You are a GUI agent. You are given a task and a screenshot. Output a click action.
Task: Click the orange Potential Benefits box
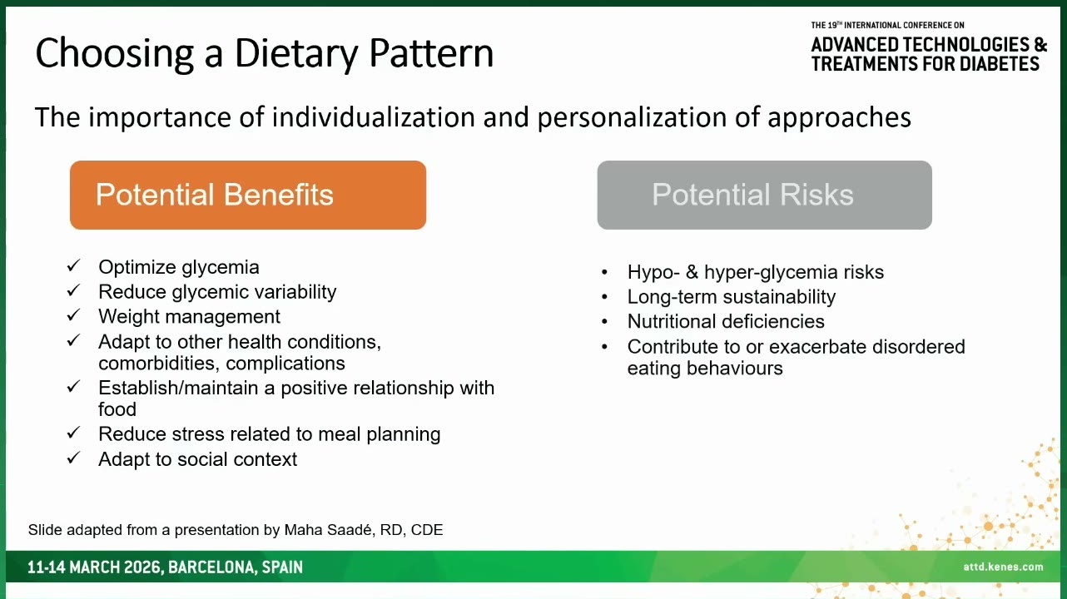(x=248, y=195)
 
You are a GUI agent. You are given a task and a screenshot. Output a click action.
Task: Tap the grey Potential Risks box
(x=765, y=195)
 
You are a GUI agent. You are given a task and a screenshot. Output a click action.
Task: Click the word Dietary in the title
(x=296, y=53)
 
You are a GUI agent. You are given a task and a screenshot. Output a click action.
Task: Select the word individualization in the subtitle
(x=374, y=117)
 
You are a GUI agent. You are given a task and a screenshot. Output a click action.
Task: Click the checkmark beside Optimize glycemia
(x=73, y=265)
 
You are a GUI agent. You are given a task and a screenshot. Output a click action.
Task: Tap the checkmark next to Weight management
(x=73, y=314)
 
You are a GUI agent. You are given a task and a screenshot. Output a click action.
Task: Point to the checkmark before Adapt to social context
(x=73, y=458)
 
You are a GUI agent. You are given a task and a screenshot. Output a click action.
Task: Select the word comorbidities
(x=159, y=364)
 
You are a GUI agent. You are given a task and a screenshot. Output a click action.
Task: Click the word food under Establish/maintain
(x=117, y=409)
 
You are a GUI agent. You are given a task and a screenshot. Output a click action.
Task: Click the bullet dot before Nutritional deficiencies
(x=604, y=322)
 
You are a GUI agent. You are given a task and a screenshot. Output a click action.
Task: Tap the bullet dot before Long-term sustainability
(x=604, y=297)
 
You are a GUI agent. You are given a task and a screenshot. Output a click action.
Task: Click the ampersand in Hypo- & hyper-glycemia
(x=692, y=272)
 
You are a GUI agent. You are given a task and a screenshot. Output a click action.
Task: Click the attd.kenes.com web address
(x=1003, y=567)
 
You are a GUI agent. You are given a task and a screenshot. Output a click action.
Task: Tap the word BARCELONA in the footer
(x=209, y=567)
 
